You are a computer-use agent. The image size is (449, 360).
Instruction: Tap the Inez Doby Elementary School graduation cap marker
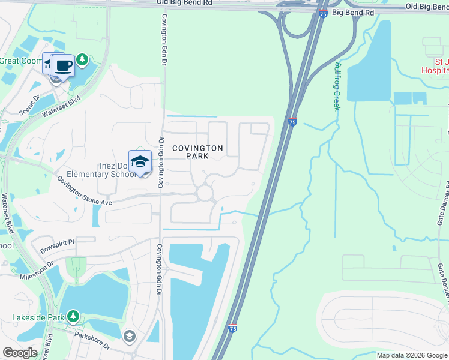[x=140, y=162]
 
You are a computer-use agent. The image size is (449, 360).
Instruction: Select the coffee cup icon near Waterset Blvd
[x=63, y=66]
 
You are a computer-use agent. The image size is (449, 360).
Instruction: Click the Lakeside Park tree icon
[x=73, y=316]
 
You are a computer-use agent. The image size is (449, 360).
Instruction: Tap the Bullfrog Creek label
[x=337, y=86]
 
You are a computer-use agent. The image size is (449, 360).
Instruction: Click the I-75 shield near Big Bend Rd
[x=324, y=13]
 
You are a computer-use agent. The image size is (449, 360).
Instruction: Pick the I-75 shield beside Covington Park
[x=292, y=122]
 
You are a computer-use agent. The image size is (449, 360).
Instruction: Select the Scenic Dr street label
[x=28, y=105]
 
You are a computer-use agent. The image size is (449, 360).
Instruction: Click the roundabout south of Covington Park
[x=205, y=193]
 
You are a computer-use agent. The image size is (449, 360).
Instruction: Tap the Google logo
[x=20, y=353]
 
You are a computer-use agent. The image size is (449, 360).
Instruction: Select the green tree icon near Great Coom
[x=82, y=60]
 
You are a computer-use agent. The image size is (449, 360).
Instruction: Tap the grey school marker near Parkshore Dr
[x=129, y=336]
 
